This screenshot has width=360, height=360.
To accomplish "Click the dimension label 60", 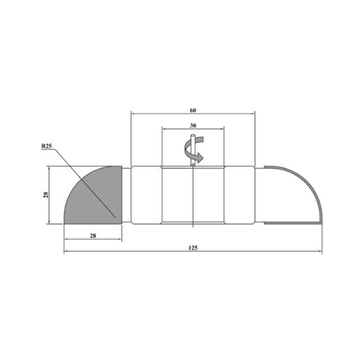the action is point(193,110).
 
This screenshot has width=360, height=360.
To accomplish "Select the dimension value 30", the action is point(193,125).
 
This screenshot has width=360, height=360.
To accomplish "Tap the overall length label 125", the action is point(193,247).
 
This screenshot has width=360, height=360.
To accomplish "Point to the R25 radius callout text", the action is point(47,146).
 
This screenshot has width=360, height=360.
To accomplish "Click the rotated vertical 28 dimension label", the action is point(46,195).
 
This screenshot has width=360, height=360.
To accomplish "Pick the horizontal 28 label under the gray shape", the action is point(93,236).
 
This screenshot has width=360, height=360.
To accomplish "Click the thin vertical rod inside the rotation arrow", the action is point(193,150).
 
